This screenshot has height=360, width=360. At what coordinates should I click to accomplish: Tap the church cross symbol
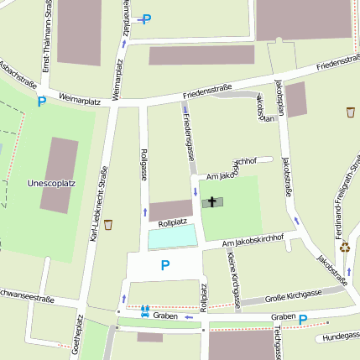point(212,201)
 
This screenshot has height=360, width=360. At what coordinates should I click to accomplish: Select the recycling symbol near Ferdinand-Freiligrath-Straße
point(344,248)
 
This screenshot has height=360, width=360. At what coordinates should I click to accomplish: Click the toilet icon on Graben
point(146,311)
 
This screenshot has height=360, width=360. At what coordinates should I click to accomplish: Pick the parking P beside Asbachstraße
point(41,102)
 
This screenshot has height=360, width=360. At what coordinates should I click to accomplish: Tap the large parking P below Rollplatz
point(164,265)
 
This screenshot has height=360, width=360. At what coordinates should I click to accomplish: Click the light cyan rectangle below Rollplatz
point(174,237)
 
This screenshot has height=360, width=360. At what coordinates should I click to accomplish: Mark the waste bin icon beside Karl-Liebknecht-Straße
point(107,225)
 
